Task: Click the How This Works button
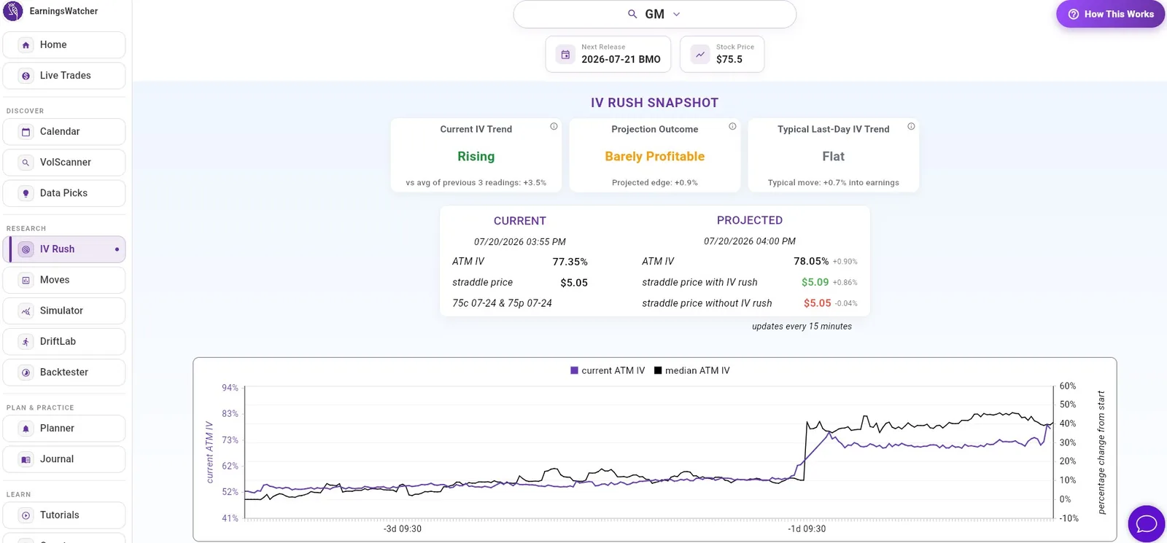tap(1110, 14)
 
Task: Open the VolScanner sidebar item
tap(64, 163)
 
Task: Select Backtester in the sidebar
tap(64, 372)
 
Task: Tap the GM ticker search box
tap(654, 14)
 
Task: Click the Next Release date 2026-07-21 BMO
tap(621, 59)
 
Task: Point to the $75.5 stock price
tap(729, 59)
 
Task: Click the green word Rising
tap(476, 156)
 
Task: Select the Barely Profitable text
tap(654, 156)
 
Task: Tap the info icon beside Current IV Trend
tap(554, 127)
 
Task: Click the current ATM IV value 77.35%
tap(570, 262)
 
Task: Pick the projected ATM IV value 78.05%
tap(810, 262)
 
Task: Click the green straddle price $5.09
tap(815, 282)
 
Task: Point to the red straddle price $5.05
tap(817, 303)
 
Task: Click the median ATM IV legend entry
tap(692, 371)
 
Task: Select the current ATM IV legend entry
tap(608, 371)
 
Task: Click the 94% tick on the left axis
tap(230, 388)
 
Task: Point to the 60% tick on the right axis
tap(1068, 386)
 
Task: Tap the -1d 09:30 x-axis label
tap(807, 529)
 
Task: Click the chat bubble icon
tap(1146, 523)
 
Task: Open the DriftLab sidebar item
tap(64, 342)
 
